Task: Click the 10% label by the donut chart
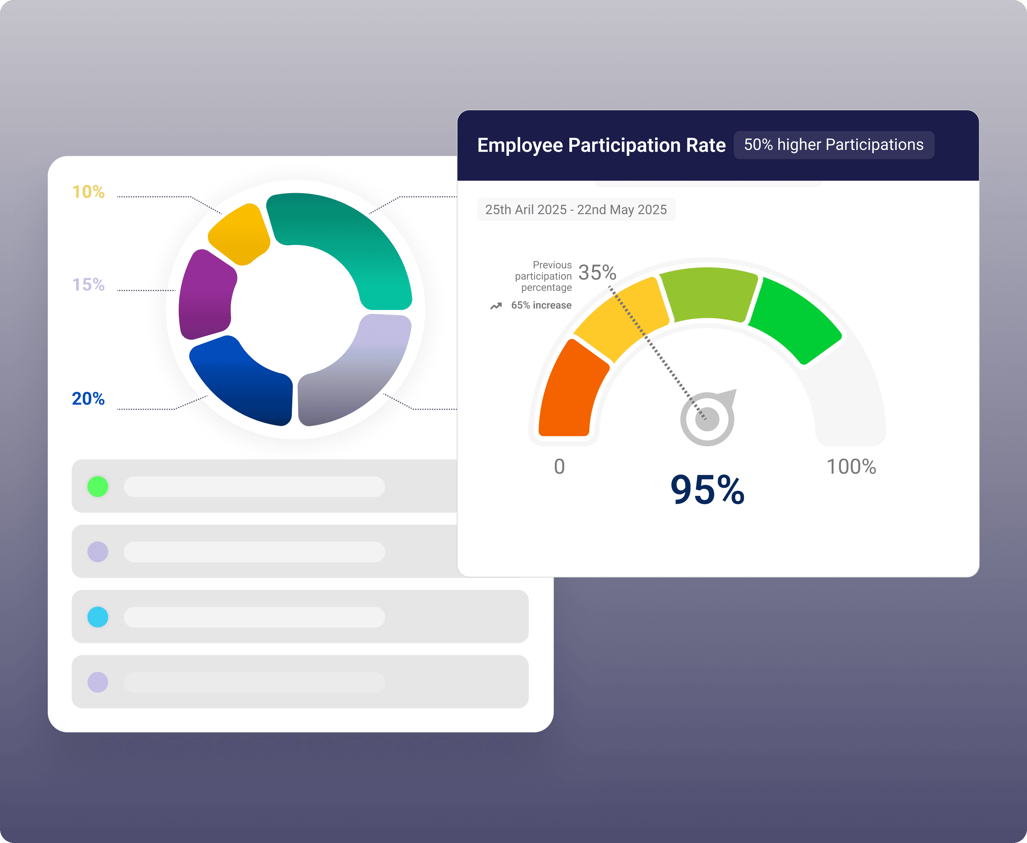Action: point(89,192)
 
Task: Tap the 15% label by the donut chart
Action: point(89,285)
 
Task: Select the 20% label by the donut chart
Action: point(89,399)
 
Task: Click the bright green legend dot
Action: point(98,486)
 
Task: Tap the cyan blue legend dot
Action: point(98,617)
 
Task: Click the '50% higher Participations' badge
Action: point(834,145)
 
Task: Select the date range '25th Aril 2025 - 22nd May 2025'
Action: point(576,210)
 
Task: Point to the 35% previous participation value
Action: point(597,273)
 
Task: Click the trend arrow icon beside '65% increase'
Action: point(496,306)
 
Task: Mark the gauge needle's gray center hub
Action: point(707,419)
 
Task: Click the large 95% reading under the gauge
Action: point(707,490)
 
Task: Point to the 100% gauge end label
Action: point(851,467)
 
